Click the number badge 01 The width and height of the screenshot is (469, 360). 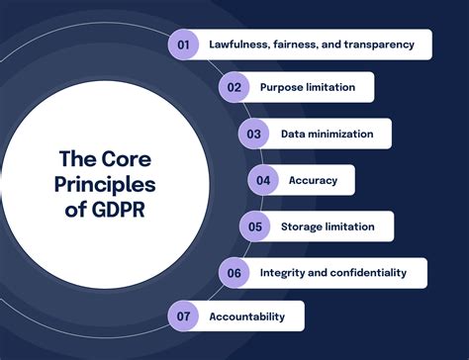pyautogui.click(x=183, y=44)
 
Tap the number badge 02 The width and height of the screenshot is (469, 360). pyautogui.click(x=234, y=87)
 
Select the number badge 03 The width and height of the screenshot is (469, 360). pyautogui.click(x=254, y=134)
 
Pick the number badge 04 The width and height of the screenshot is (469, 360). pyautogui.click(x=263, y=180)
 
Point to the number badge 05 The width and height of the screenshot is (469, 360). pyautogui.click(x=254, y=226)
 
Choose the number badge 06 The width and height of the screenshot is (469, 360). pyautogui.click(x=234, y=272)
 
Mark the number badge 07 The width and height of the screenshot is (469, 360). pyautogui.click(x=183, y=316)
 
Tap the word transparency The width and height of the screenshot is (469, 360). pyautogui.click(x=385, y=44)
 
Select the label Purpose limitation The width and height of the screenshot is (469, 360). pyautogui.click(x=308, y=87)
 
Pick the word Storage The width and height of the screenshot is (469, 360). pyautogui.click(x=301, y=226)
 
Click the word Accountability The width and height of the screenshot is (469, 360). pyautogui.click(x=246, y=316)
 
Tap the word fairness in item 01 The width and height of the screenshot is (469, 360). pyautogui.click(x=303, y=44)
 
